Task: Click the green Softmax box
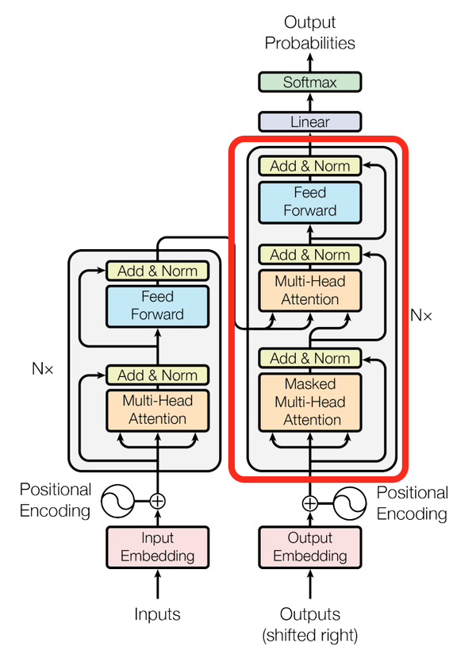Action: (310, 83)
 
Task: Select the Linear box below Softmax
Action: (310, 122)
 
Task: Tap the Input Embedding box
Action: (158, 547)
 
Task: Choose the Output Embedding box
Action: (310, 547)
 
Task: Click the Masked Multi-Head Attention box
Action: (310, 402)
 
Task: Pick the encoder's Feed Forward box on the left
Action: (158, 306)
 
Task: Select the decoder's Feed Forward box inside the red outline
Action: (310, 202)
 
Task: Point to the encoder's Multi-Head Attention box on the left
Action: (158, 410)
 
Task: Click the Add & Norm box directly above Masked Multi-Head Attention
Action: (310, 359)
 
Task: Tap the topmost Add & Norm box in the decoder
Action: (310, 166)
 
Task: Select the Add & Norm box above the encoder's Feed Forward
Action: (158, 271)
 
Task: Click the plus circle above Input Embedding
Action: (158, 501)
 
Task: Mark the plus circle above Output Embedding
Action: (310, 502)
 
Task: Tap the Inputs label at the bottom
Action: (157, 614)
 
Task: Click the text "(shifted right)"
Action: (310, 634)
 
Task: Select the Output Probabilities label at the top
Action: (310, 33)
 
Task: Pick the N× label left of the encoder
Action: (42, 368)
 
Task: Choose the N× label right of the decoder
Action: (421, 315)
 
